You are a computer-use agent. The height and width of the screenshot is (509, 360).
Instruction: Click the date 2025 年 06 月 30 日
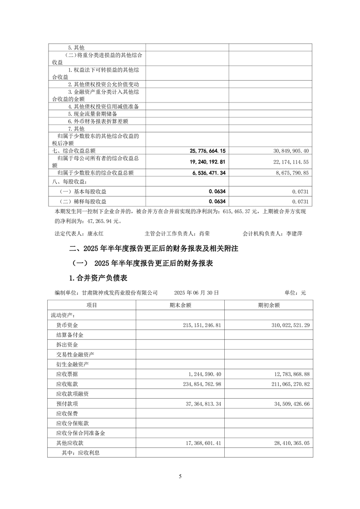[x=197, y=293]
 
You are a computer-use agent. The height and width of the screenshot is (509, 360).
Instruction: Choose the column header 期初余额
[x=268, y=305]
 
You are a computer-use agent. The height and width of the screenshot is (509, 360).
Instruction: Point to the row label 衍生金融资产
[x=72, y=364]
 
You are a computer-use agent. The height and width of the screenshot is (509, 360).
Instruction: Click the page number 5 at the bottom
[x=180, y=476]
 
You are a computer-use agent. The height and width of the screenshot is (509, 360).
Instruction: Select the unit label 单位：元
[x=295, y=293]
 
